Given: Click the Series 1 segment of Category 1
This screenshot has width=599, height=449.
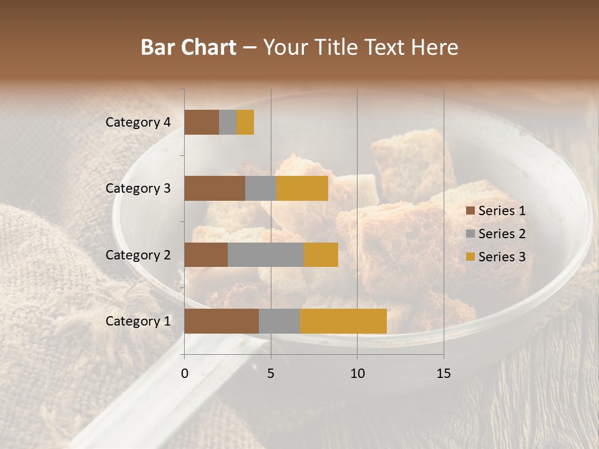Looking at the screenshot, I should (x=222, y=321).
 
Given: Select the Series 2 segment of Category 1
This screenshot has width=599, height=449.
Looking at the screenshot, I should (x=280, y=321).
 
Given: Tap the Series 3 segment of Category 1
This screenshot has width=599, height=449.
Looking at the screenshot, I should (x=343, y=321).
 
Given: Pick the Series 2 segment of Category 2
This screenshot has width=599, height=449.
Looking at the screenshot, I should (x=266, y=254).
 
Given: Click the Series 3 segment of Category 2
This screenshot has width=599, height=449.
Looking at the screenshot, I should (x=321, y=254).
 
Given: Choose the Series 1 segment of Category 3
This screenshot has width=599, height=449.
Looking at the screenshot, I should (x=215, y=188).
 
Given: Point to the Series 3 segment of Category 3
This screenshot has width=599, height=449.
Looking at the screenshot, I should (x=302, y=188).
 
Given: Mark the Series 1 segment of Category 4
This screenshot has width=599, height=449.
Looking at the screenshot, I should (x=202, y=122).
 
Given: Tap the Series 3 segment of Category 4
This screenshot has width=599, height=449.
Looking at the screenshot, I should (x=245, y=122).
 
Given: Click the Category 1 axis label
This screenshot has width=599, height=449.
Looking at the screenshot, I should (x=137, y=321).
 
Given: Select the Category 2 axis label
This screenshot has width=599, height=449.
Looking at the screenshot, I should (x=137, y=254).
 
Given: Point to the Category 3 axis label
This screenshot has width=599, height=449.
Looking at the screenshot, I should (x=137, y=188).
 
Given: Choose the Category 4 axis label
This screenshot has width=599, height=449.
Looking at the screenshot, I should (x=137, y=122).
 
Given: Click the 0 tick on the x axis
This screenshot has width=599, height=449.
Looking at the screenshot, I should (x=185, y=374).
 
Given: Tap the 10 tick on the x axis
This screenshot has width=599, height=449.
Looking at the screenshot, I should (x=357, y=374).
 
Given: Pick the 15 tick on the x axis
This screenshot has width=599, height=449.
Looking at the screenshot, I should (x=444, y=374).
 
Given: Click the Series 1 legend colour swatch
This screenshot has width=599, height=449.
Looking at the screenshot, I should (x=470, y=211).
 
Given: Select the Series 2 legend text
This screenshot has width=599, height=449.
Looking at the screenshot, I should (x=502, y=234).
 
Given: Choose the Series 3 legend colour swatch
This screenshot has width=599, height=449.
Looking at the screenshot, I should (x=470, y=257).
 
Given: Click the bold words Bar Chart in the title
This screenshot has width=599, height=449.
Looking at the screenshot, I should (x=188, y=47).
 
